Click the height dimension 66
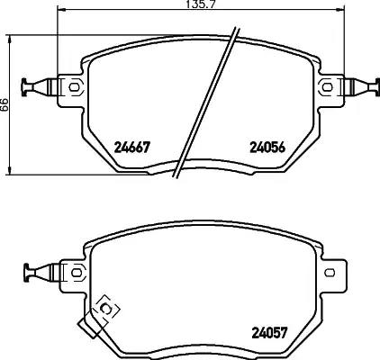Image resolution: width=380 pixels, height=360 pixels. (x=5, y=104)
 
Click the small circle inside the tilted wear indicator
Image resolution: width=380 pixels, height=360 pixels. (x=104, y=309)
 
